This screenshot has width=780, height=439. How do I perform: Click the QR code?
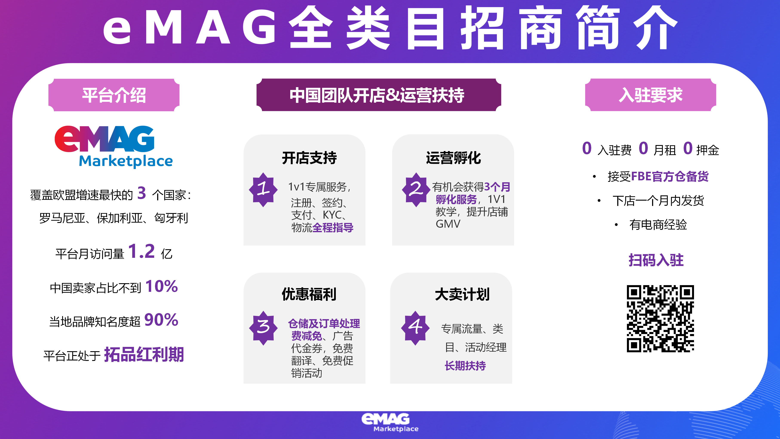pos(660,319)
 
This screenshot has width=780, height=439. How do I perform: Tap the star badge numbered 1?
pos(263,190)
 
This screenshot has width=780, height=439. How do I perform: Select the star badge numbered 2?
pos(416,190)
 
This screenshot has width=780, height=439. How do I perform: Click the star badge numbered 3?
pos(263,328)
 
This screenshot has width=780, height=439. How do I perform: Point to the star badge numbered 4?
pos(415,328)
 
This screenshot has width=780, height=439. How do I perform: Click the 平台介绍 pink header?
pos(114,95)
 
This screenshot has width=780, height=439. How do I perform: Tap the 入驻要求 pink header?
pos(650,95)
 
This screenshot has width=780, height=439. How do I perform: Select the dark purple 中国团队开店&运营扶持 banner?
pos(378,95)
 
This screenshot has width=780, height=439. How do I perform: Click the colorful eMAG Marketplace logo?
pos(114,147)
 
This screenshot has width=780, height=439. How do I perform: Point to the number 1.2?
pos(141,251)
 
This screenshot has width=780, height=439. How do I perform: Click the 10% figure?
pos(162,286)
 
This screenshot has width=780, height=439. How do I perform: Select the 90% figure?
pos(161,320)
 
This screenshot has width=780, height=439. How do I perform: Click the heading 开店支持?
pos(309,158)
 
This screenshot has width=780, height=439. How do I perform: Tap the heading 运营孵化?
pos(453,158)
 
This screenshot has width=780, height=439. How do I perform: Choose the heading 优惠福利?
pos(309,294)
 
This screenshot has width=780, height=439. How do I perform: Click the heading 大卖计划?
pos(462,294)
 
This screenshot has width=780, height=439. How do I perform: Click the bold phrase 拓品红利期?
pos(144,354)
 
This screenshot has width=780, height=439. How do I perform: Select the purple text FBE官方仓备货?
pos(670,176)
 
